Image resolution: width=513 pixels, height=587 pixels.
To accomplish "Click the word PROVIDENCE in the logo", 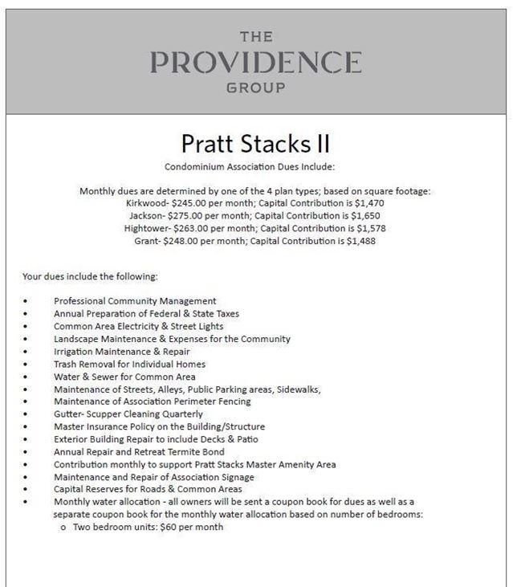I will (255, 62).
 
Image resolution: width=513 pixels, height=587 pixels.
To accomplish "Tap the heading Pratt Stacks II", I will (255, 144).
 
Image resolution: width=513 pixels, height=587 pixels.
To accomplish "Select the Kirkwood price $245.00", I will (192, 204).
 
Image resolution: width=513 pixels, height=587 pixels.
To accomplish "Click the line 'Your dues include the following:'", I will (90, 277).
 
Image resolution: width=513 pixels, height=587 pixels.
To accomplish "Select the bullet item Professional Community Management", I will (135, 301).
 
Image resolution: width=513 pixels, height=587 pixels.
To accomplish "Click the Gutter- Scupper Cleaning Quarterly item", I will (128, 414).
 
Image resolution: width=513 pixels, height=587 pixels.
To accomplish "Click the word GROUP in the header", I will (255, 88).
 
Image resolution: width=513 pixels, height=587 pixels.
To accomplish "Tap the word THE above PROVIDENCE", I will (256, 37).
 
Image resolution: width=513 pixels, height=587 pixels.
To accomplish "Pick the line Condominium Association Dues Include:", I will (255, 167).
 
